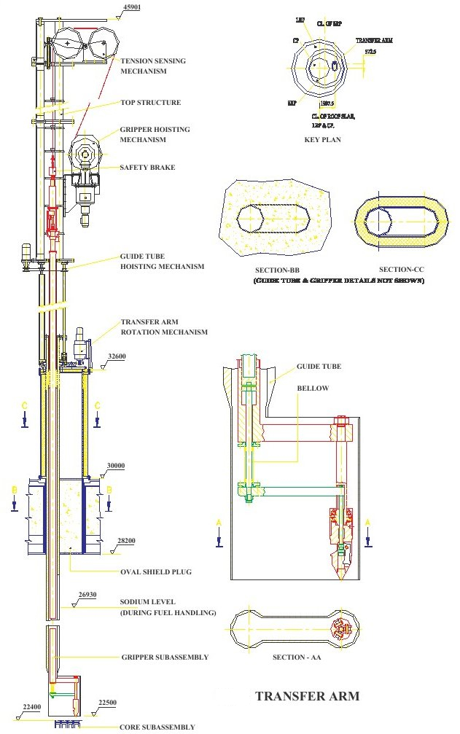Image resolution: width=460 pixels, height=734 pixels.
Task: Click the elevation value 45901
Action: coord(132,7)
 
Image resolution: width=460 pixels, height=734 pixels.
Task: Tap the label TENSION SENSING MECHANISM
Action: coord(153,66)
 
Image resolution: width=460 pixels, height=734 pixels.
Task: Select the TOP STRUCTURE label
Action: coord(150,103)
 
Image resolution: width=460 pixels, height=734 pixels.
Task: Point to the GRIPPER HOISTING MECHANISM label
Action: coord(155,135)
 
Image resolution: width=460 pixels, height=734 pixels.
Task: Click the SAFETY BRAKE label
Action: coord(147,168)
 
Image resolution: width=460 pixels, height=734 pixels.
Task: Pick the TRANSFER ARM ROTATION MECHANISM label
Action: coord(164,327)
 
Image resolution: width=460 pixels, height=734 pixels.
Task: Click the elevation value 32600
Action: coord(117,357)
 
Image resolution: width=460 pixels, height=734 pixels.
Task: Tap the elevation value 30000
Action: coord(116,466)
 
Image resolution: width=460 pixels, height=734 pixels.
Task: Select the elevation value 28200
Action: coord(126,541)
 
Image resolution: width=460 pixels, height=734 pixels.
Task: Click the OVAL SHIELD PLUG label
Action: coord(155,572)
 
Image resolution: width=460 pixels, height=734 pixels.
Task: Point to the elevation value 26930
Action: coord(87,595)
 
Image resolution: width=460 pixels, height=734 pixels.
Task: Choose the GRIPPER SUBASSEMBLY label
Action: coord(165,657)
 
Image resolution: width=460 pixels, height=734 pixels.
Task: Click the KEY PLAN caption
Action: coord(322,138)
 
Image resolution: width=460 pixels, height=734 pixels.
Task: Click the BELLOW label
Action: coord(313,389)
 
